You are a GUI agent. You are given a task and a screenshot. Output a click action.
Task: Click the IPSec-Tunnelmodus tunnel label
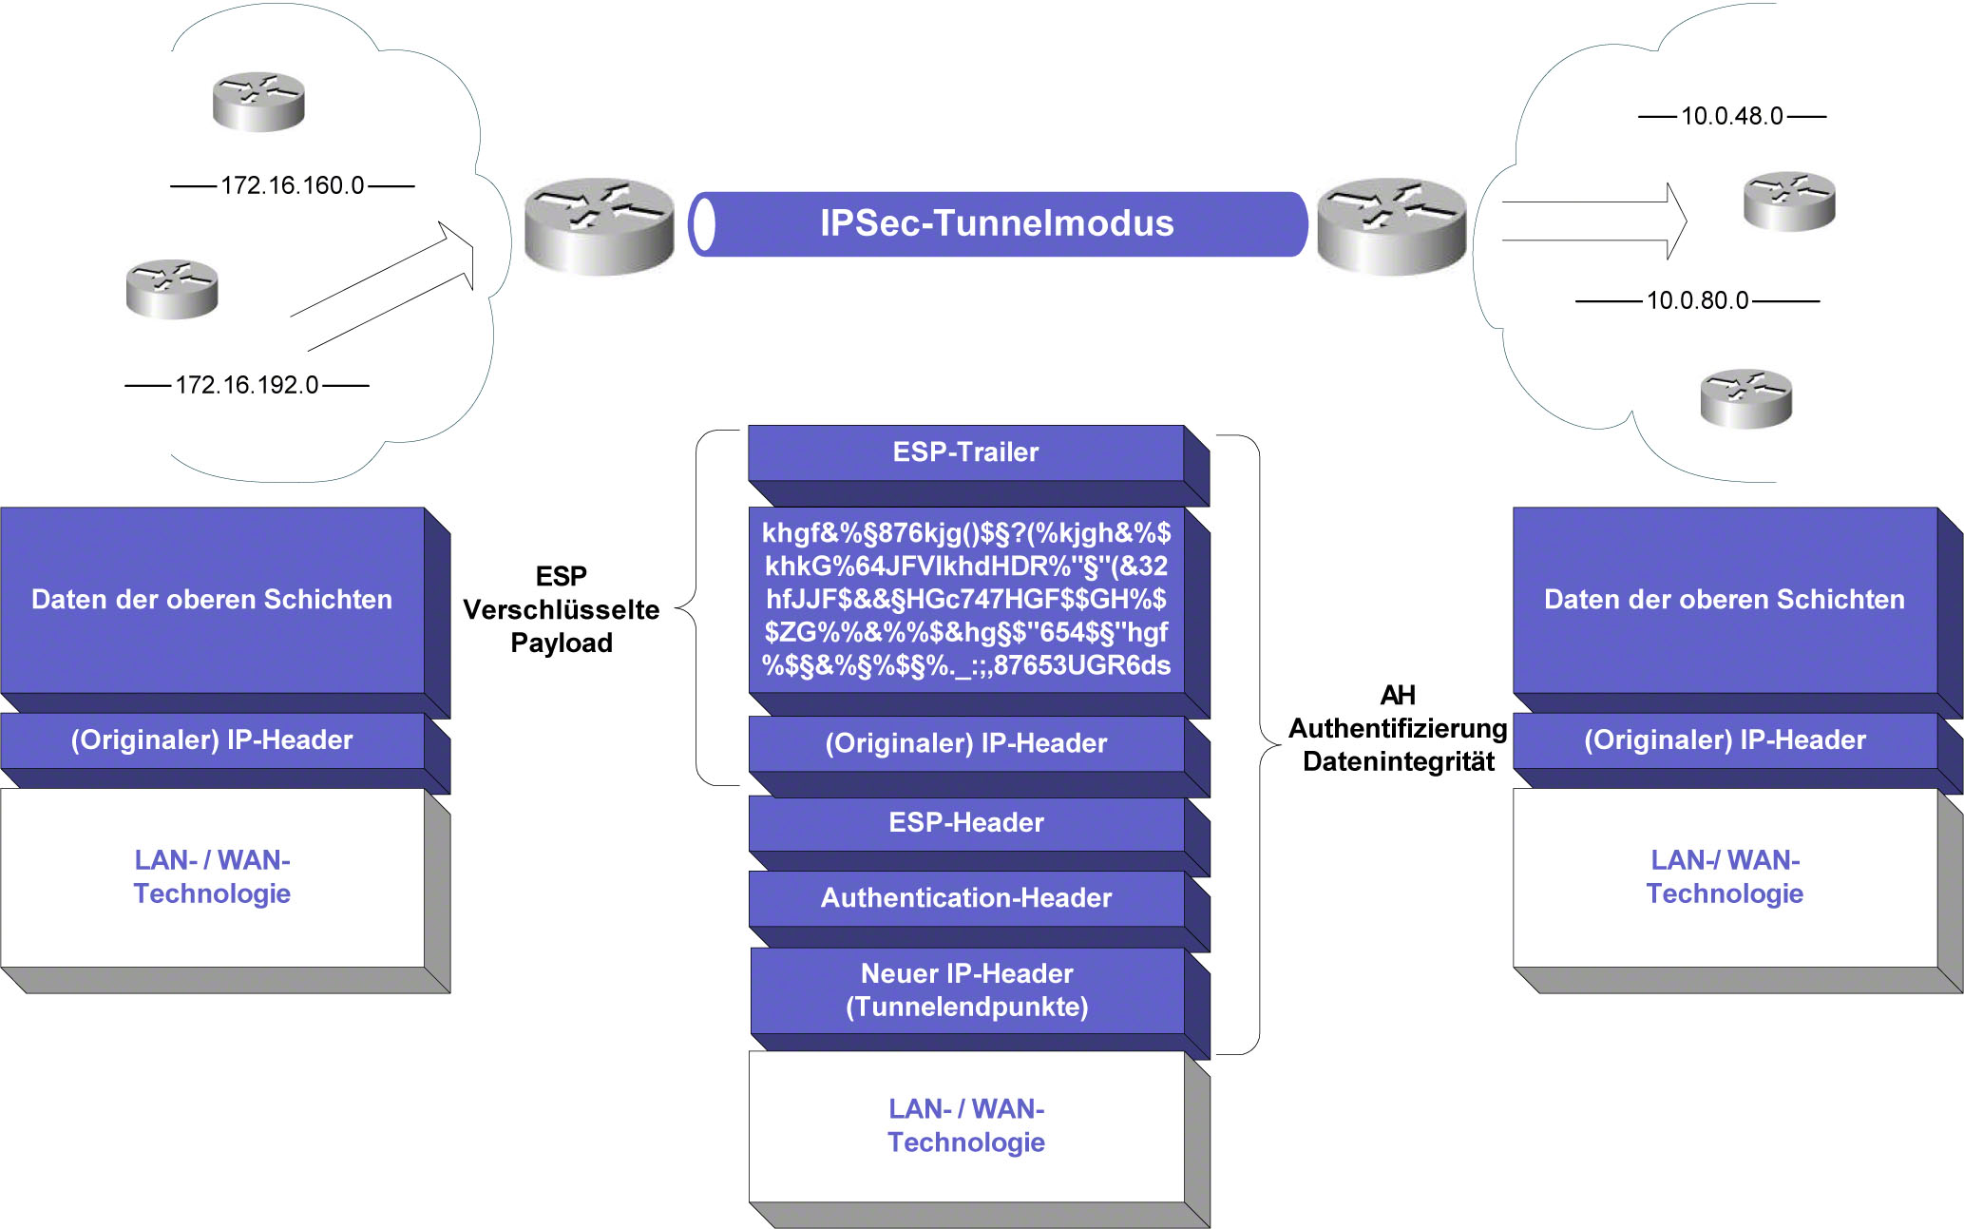click(x=997, y=223)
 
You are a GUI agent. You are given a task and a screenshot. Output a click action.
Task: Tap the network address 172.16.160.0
click(x=292, y=185)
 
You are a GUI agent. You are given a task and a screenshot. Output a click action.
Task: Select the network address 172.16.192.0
click(x=246, y=385)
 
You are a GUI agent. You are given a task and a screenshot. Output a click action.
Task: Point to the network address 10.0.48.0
click(x=1731, y=116)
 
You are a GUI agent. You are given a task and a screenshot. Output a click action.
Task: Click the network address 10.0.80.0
click(x=1697, y=300)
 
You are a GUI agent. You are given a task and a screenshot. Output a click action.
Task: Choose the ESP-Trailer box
click(x=965, y=452)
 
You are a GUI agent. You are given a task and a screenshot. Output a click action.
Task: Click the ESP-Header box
click(x=965, y=823)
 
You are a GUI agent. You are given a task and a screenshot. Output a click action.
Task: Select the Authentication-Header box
click(x=965, y=898)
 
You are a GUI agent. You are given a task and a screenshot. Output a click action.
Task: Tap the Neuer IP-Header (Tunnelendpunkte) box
click(x=966, y=990)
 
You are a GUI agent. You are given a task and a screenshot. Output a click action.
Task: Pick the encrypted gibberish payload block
click(x=965, y=599)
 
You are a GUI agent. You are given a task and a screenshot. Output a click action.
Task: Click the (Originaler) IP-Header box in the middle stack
click(x=965, y=743)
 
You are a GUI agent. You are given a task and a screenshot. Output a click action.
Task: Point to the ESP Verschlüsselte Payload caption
click(x=562, y=609)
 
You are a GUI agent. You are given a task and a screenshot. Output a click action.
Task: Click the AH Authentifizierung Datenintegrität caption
click(x=1398, y=728)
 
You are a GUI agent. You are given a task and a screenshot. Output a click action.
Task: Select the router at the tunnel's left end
click(x=599, y=226)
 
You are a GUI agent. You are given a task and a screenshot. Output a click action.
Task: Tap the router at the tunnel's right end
click(x=1391, y=226)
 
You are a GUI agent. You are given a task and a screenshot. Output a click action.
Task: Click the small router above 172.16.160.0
click(x=258, y=101)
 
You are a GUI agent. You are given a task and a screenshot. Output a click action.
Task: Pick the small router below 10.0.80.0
click(x=1745, y=398)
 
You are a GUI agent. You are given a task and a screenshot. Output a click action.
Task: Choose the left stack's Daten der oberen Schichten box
click(x=212, y=600)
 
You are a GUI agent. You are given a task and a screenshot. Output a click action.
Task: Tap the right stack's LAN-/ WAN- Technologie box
click(x=1725, y=877)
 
